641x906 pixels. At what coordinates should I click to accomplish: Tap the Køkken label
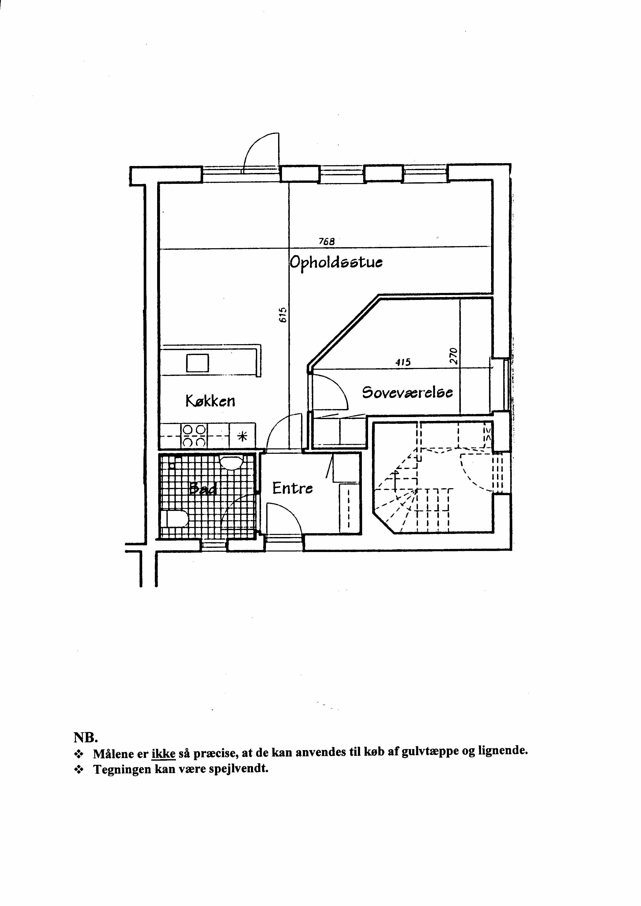[210, 401]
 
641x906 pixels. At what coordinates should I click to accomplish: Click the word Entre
[293, 488]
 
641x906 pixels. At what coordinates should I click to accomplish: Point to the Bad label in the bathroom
[203, 489]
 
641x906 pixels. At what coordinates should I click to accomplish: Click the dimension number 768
[326, 241]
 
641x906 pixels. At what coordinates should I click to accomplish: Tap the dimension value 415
[403, 362]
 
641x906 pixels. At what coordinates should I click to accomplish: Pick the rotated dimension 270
[454, 356]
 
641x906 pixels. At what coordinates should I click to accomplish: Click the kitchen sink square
[197, 363]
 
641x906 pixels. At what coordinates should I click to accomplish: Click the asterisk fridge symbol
[242, 436]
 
